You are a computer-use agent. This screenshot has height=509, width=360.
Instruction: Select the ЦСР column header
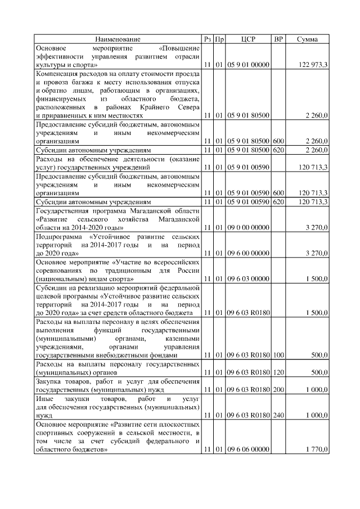coord(248,39)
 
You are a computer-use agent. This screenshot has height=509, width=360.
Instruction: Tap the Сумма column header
coord(307,39)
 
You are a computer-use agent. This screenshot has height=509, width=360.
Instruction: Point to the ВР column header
coord(278,39)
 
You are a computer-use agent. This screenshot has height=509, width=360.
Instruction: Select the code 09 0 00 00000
coord(248,228)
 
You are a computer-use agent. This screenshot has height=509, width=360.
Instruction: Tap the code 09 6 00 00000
coord(248,254)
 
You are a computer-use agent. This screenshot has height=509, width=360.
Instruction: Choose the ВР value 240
coord(278,415)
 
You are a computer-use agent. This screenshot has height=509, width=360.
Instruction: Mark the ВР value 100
coord(278,355)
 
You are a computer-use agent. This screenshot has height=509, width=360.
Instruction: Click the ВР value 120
coord(278,372)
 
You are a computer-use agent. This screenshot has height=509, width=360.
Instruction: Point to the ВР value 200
coord(278,390)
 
